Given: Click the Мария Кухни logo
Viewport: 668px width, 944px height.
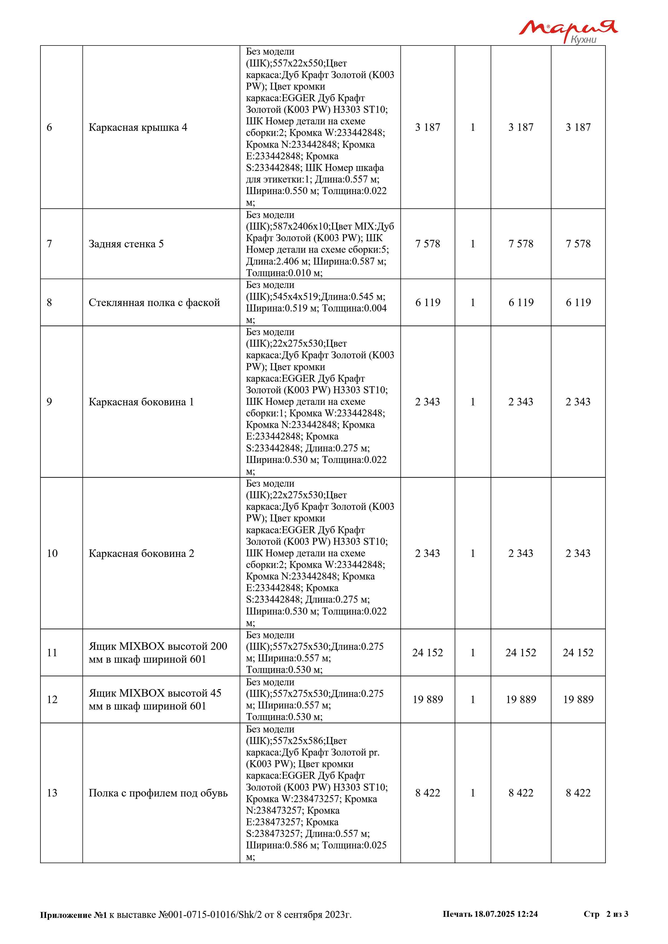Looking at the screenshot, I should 568,31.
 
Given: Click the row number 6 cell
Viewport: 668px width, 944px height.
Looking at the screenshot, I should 49,128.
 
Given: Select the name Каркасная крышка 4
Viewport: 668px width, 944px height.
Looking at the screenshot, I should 138,128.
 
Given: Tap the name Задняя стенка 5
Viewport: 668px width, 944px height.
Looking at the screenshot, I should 126,244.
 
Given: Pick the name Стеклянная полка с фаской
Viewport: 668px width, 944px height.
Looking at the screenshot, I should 154,303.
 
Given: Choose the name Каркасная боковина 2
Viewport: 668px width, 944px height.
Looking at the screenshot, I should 141,553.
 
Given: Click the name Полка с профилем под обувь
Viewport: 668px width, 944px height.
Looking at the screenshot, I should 158,793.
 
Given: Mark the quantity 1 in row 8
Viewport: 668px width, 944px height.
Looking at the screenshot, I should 473,303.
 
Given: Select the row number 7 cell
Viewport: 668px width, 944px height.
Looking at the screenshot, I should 49,244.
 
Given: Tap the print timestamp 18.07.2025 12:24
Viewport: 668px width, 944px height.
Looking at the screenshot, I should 506,914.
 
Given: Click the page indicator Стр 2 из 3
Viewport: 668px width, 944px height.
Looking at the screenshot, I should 606,914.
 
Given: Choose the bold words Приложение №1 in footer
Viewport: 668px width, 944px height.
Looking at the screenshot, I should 73,915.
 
